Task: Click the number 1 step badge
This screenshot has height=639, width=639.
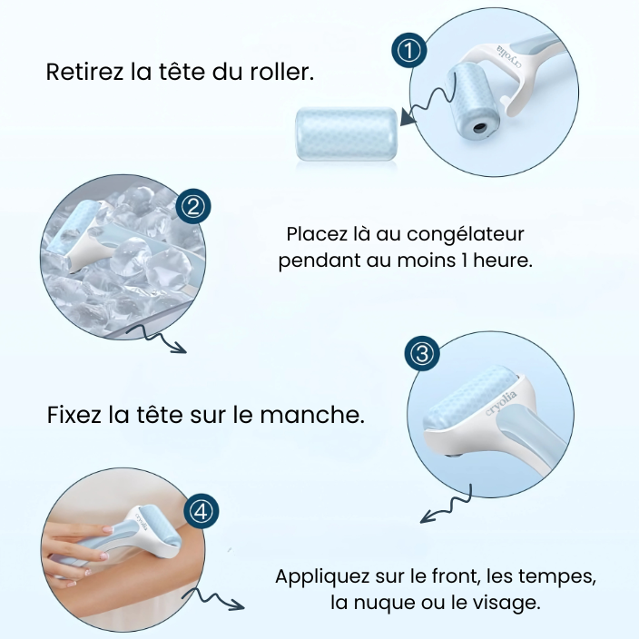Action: [x=411, y=52]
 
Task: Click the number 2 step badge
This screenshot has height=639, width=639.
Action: [x=192, y=207]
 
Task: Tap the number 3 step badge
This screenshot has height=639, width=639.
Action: [x=421, y=355]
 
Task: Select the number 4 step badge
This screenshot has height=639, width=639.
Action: [x=202, y=511]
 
